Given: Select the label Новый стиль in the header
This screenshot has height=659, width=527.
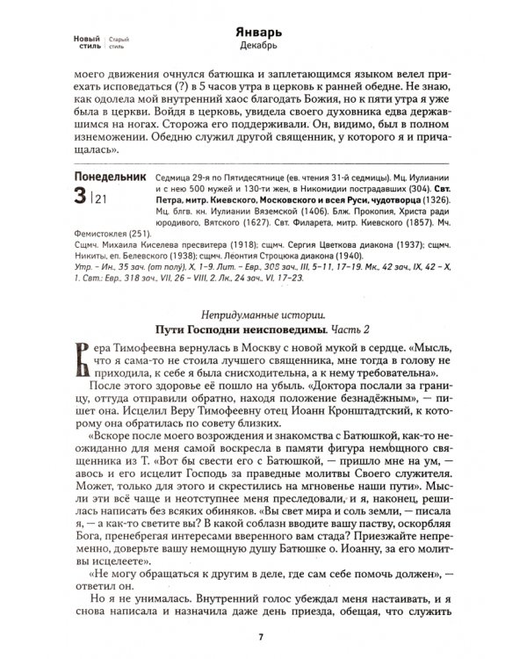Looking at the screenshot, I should [85, 40].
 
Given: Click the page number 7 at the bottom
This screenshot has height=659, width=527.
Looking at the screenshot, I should [263, 636].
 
